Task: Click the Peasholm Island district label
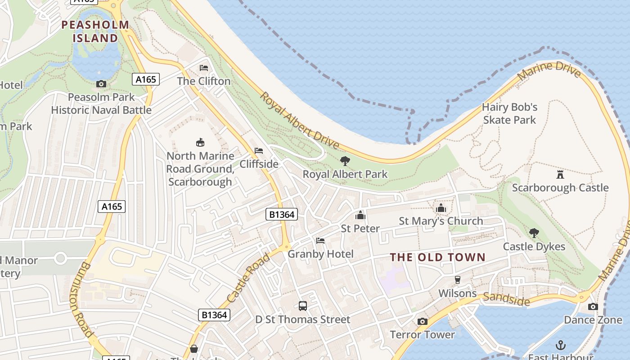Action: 95,31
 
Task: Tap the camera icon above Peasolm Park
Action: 101,84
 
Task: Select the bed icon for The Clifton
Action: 204,68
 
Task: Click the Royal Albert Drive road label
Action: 299,121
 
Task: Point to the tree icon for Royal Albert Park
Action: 345,161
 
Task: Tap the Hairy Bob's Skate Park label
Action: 509,113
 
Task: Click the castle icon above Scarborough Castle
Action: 560,174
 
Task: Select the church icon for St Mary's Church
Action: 441,208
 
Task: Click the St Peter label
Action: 360,228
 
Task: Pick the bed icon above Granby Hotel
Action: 320,241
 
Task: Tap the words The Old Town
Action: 437,257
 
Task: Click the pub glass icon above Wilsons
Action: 458,280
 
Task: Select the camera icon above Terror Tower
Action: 422,321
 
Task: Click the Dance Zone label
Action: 587,320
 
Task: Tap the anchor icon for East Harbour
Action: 561,345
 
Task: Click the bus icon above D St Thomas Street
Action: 303,306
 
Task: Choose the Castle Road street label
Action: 248,278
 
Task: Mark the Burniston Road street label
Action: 81,300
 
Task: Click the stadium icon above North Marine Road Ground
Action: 200,143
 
